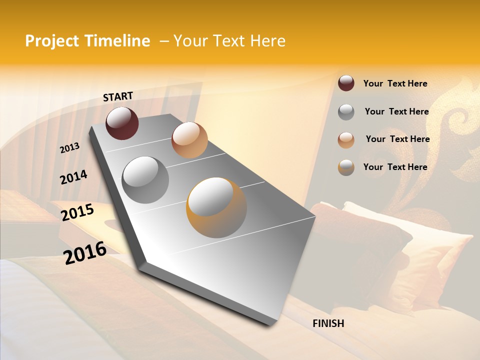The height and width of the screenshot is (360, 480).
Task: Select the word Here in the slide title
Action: tap(267, 41)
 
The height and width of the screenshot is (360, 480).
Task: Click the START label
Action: tap(118, 96)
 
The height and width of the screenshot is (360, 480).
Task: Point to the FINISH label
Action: tap(328, 323)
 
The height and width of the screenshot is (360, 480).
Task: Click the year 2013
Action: tap(69, 148)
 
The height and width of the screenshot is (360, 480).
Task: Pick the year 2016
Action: tap(85, 253)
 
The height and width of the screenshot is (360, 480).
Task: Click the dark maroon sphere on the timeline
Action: tap(122, 123)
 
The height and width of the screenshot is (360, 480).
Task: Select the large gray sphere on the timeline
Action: tap(145, 179)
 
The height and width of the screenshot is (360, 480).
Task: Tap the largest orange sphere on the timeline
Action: tap(216, 207)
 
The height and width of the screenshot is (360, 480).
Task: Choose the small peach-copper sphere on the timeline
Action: tap(189, 140)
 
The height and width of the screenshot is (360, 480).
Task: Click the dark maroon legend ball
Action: tap(346, 83)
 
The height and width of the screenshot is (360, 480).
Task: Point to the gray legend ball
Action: tap(346, 112)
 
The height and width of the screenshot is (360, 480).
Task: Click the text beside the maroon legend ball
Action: tap(395, 84)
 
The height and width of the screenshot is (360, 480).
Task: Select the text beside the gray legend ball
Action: tap(396, 112)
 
